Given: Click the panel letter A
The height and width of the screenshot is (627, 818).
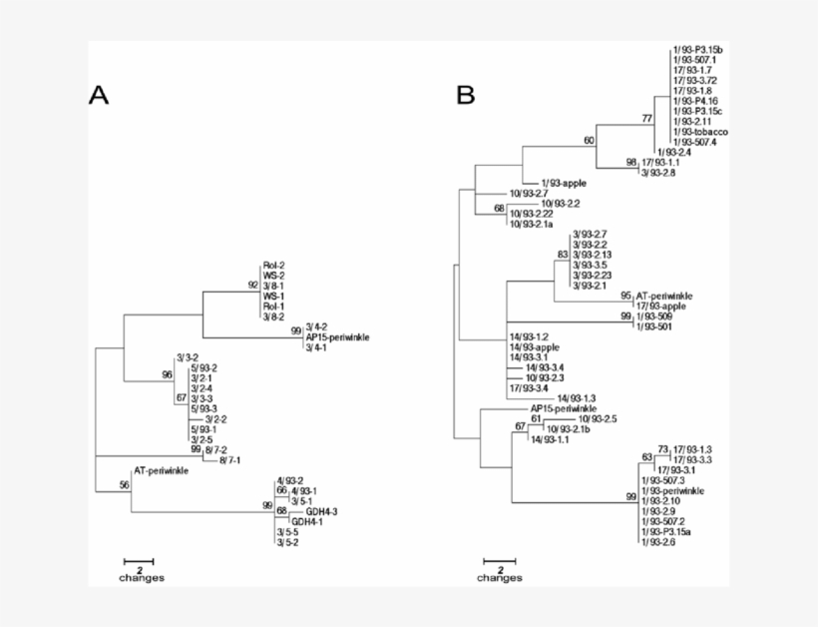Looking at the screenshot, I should [98, 96].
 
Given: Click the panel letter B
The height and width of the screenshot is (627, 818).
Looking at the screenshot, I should [466, 96].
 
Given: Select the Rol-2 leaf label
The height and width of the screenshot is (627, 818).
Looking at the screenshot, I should [273, 266].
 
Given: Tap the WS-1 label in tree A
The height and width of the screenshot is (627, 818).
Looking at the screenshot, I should [273, 296].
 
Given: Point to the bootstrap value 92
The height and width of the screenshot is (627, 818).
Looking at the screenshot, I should [253, 286].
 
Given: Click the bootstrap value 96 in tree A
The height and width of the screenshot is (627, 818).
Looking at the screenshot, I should [167, 375].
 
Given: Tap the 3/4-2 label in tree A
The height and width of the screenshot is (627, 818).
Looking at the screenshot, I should [316, 326].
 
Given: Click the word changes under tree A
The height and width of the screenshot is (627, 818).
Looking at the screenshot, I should [142, 578].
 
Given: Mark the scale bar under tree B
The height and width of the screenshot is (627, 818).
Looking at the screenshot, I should [501, 562].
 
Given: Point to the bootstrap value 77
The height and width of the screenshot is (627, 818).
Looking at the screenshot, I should [647, 119].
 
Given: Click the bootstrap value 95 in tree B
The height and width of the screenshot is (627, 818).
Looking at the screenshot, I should [625, 297].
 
